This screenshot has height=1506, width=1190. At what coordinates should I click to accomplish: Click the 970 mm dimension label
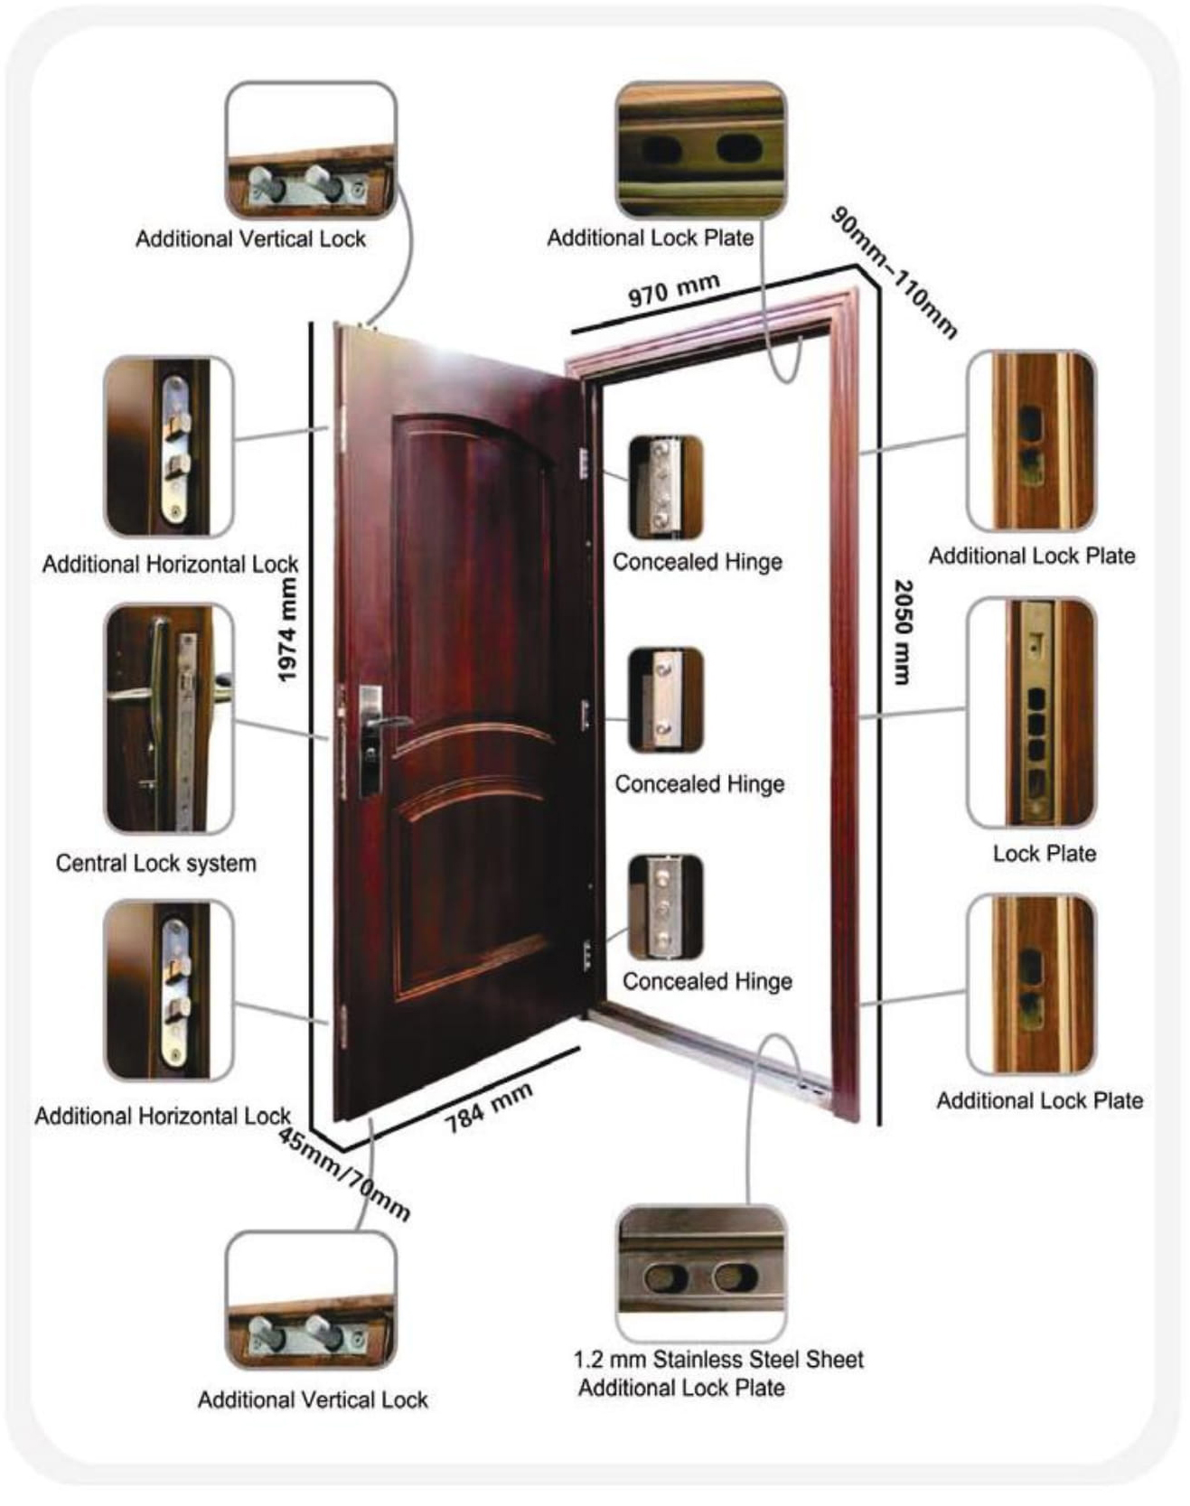(673, 291)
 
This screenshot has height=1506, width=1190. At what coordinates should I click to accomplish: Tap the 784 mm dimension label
(488, 1108)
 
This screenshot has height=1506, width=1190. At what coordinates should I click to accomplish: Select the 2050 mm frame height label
(903, 632)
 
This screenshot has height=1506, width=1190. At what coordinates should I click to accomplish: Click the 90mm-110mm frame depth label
(893, 273)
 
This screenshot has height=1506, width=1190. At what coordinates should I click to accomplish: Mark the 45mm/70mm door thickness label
(343, 1174)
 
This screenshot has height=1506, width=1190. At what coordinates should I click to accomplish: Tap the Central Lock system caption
(155, 863)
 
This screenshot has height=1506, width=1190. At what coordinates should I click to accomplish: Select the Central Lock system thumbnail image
(169, 718)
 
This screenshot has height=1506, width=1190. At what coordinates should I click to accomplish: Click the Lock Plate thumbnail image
(1031, 712)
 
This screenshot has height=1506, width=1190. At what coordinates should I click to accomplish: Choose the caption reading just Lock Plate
(1044, 853)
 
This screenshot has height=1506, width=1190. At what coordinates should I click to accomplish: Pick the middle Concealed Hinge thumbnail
(665, 699)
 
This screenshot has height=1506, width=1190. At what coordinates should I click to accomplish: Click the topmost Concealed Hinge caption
(697, 561)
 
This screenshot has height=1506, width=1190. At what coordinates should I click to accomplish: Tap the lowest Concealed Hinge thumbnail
(665, 906)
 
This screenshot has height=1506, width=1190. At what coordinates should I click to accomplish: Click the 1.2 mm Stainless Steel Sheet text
(718, 1359)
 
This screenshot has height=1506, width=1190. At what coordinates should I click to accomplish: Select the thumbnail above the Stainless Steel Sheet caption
(700, 1272)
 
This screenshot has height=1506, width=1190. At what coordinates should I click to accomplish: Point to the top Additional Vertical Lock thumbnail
(310, 150)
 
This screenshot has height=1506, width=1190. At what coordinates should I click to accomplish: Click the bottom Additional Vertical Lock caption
(312, 1399)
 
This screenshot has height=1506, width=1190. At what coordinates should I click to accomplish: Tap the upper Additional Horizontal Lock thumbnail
(169, 446)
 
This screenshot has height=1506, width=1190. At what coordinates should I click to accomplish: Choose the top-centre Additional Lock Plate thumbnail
(700, 150)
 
